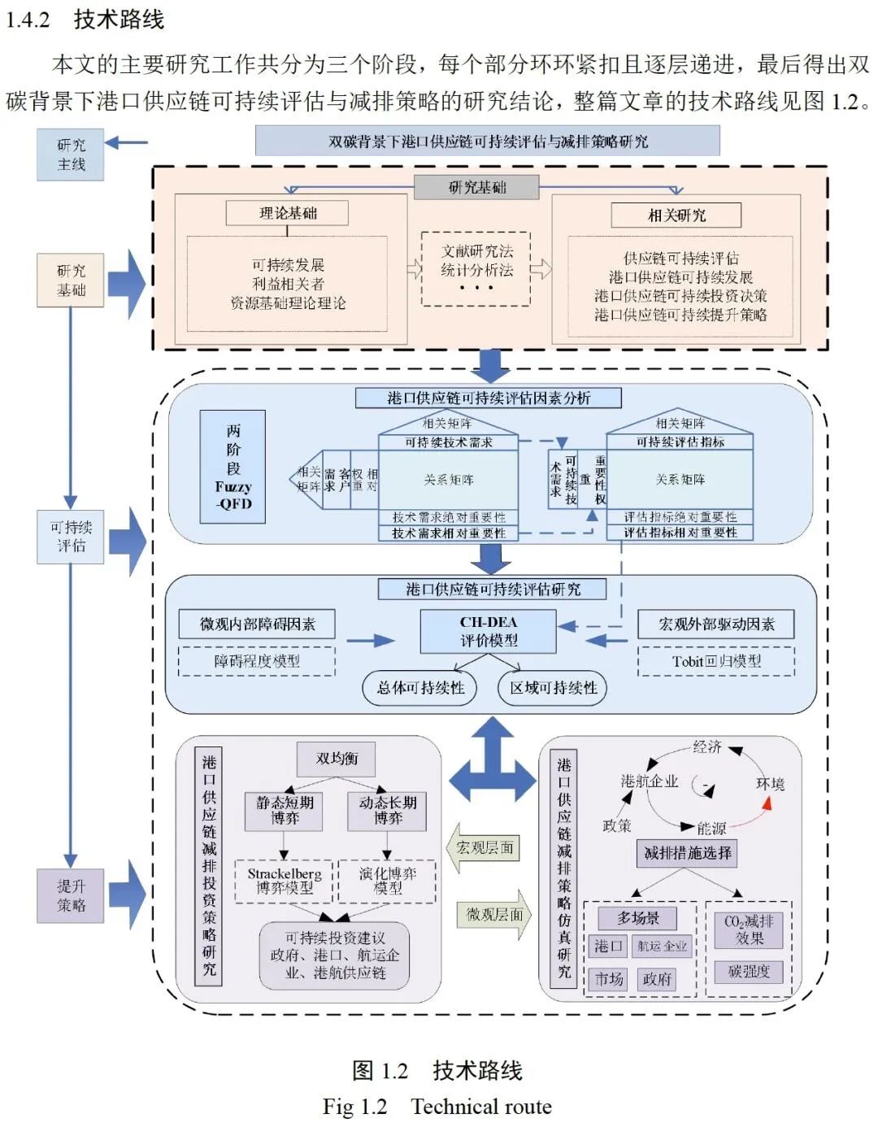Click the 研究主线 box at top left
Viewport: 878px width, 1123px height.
pos(71,155)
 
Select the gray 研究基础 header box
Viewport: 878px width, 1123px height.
pos(476,187)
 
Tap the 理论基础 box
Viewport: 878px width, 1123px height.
pos(287,213)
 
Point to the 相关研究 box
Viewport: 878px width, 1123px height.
pos(676,215)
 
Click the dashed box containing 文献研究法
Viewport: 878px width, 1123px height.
pos(476,268)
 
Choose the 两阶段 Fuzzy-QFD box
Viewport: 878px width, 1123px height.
pos(233,467)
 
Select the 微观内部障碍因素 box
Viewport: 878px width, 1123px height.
pos(257,625)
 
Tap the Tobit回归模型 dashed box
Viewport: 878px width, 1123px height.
pos(716,662)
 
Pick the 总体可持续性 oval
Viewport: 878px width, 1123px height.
pos(420,688)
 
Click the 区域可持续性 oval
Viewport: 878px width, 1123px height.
pos(553,688)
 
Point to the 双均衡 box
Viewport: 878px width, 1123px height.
pos(337,759)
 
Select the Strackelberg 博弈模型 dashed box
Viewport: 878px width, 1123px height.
pos(284,881)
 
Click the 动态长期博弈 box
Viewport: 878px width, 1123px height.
pos(388,811)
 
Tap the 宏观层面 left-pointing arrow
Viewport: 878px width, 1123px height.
pos(484,848)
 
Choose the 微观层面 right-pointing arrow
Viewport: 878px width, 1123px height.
pos(494,915)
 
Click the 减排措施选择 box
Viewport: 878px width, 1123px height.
pos(687,853)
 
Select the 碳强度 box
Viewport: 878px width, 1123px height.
pos(749,972)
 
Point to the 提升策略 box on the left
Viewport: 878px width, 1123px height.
pos(71,895)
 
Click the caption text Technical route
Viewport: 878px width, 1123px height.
pos(480,1107)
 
